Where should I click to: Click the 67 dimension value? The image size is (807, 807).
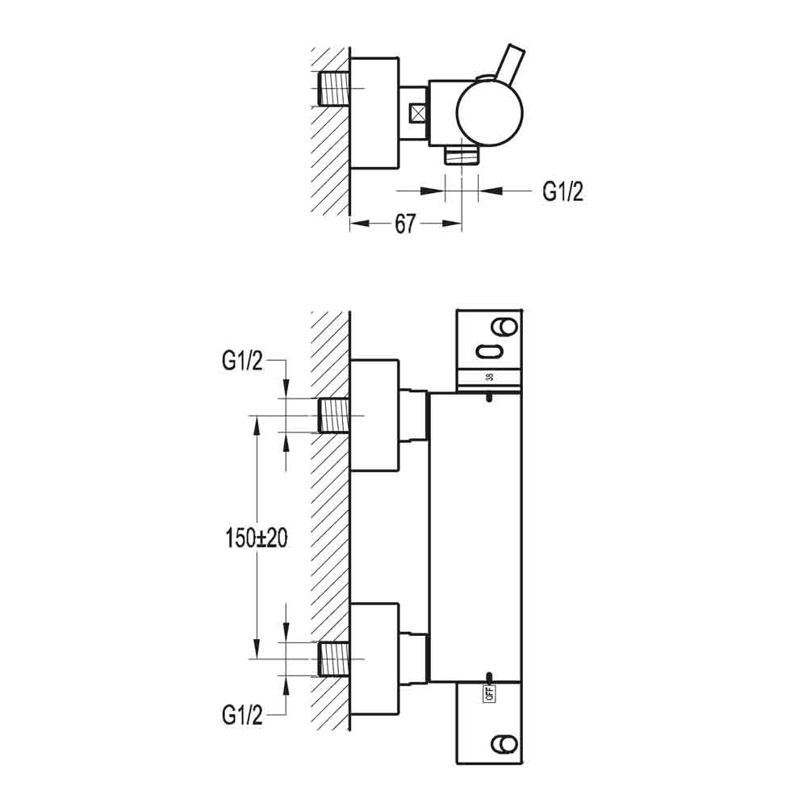coord(405,224)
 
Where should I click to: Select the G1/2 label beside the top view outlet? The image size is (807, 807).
coord(562,191)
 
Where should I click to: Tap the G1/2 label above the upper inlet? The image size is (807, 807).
coord(242,363)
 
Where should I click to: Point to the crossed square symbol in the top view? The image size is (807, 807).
coord(418,114)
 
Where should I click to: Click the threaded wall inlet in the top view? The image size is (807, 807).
coord(334,88)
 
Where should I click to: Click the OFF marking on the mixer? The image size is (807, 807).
coord(489,691)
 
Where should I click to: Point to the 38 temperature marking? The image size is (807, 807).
coord(489,377)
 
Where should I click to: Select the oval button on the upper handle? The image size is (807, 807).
coord(489,352)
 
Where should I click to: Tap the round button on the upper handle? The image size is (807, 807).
coord(507,326)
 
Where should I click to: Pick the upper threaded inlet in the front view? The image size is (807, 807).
coord(334,416)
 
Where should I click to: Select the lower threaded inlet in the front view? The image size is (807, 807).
coord(334,659)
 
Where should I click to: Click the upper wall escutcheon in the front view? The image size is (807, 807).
coord(374,416)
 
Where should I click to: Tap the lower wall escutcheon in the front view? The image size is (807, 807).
coord(374,659)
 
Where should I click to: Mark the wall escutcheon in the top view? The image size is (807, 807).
coord(374,112)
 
